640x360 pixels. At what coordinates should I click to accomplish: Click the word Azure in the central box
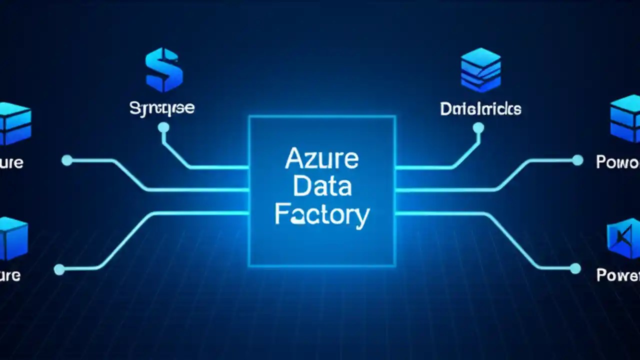coord(322,159)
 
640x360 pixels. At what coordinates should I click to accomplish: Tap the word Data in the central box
coord(322,187)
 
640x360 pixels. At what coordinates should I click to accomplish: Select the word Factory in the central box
coord(322,215)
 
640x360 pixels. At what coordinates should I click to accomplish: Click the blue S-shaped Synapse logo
coord(163,69)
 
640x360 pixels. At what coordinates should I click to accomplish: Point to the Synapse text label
coord(162,107)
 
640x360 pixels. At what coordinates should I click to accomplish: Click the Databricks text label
coord(480,108)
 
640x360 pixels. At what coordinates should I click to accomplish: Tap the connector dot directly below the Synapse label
coord(163,128)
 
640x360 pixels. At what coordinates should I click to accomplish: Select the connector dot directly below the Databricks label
coord(478,128)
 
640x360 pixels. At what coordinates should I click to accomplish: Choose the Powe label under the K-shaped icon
coord(618,275)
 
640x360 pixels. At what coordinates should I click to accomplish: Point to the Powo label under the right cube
coord(618,162)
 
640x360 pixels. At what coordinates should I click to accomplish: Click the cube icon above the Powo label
coord(625,118)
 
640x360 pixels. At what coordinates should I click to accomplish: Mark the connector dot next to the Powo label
coord(577,160)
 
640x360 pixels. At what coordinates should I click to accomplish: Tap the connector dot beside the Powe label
coord(575,269)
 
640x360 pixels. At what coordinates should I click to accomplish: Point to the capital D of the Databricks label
coord(445,108)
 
